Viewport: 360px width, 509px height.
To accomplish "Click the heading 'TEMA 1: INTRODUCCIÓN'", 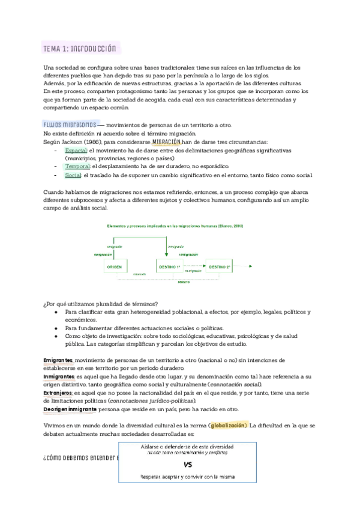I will (80, 49).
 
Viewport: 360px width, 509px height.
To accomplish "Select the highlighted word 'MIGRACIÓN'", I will (167, 142).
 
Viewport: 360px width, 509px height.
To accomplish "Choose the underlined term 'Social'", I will (73, 175).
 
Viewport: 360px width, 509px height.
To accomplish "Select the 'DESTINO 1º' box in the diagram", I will (169, 266).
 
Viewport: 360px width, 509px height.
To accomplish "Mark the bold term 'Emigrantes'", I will (58, 360).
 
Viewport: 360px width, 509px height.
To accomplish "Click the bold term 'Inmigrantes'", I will (58, 376).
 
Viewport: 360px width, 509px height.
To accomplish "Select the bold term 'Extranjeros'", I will (58, 393).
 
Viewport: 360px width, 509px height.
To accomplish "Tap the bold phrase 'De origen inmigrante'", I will (70, 409).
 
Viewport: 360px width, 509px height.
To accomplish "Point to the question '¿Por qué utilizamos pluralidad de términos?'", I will (101, 303).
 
